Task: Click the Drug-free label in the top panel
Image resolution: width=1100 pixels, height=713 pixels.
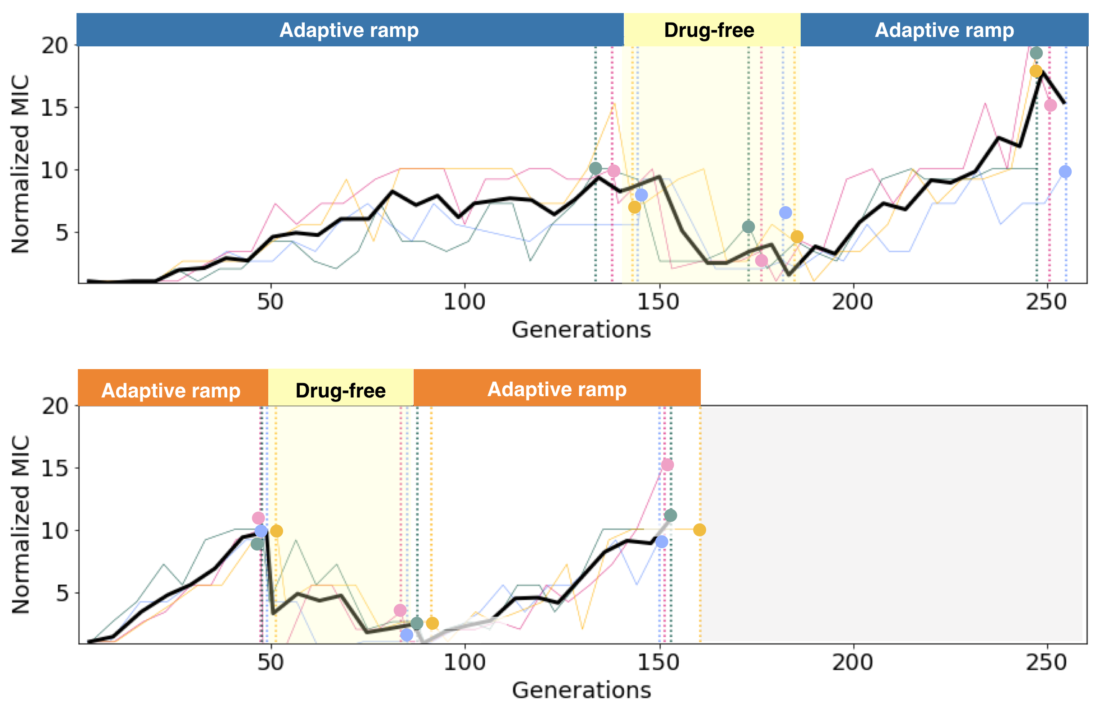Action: (x=708, y=31)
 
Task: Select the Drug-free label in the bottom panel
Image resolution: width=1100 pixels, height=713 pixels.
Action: (x=340, y=390)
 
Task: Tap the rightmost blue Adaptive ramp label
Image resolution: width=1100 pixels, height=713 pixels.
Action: (x=944, y=31)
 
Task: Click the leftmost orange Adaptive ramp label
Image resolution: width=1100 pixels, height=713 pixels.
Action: (x=171, y=390)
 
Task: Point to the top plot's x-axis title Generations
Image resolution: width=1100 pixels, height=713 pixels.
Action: (x=581, y=330)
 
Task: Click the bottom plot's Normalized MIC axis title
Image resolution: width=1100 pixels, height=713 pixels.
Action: (x=21, y=524)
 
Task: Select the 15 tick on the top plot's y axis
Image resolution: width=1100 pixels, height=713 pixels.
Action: (x=54, y=108)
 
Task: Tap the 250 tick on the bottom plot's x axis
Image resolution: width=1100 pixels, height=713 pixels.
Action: (x=1046, y=663)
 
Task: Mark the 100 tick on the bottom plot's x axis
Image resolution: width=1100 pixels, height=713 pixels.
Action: (x=464, y=663)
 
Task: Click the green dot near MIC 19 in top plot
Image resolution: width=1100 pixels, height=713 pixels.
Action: (x=1036, y=53)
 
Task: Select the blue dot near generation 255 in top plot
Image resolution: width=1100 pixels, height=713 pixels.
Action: (x=1065, y=172)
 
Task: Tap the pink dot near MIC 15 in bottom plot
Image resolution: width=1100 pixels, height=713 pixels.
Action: (x=667, y=465)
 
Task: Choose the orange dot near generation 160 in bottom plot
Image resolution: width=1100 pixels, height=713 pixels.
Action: (x=699, y=530)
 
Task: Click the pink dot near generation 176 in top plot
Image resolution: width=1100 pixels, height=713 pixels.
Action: (x=761, y=261)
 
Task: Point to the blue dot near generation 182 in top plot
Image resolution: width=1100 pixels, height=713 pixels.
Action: (x=785, y=212)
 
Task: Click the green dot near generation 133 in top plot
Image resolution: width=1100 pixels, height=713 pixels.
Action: (x=596, y=168)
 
